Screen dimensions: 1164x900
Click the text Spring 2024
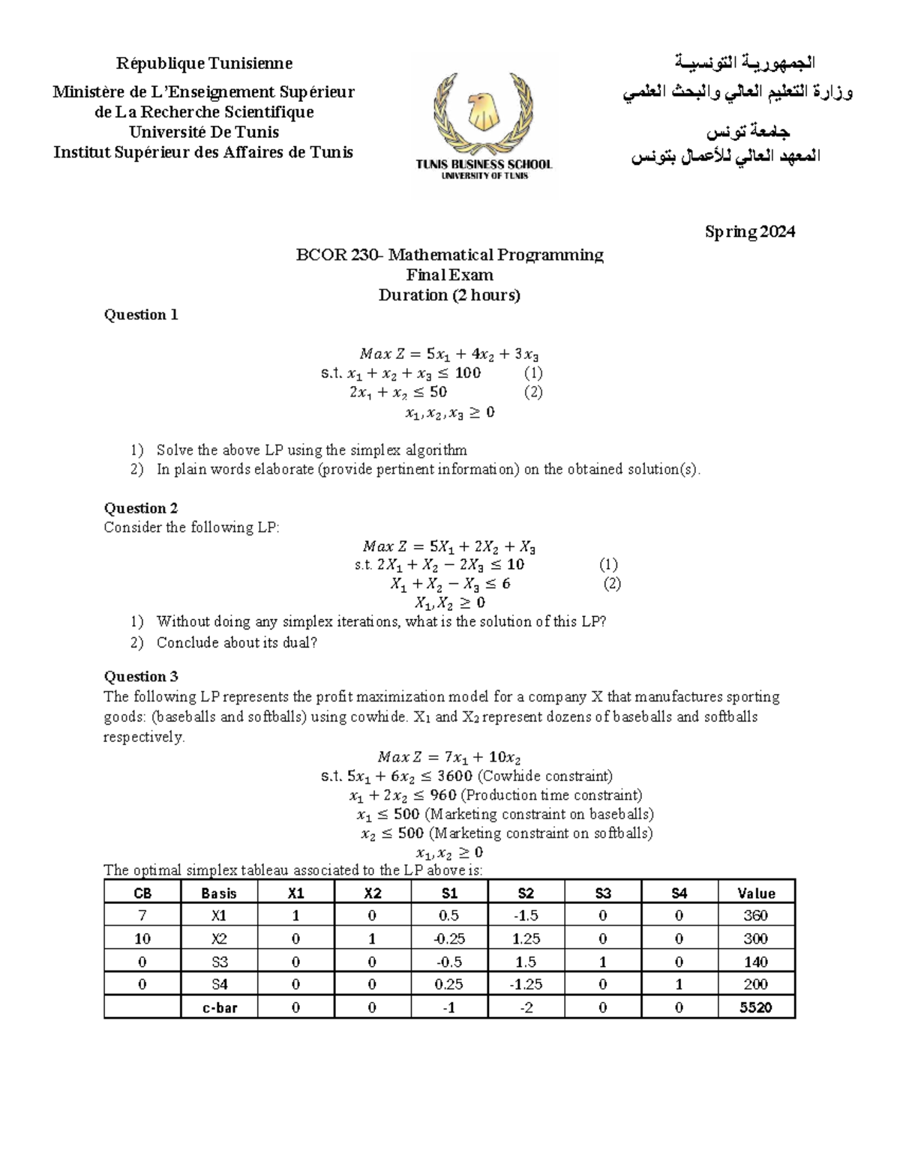[x=749, y=232]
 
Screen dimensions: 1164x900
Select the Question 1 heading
[x=141, y=315]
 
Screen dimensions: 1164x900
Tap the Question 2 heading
[x=141, y=508]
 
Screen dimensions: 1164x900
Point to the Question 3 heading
[x=141, y=677]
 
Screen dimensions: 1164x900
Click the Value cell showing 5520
[x=755, y=1007]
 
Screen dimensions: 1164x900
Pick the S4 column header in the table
[x=679, y=893]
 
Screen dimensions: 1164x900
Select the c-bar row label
[x=219, y=1007]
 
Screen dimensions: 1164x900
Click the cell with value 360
[x=755, y=915]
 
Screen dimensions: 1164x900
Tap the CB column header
[x=142, y=893]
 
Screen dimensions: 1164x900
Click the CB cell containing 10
[x=142, y=938]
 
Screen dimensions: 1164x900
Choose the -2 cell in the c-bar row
[x=526, y=1007]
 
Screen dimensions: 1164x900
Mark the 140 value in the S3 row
[x=755, y=962]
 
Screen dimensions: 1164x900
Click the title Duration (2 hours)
[x=449, y=295]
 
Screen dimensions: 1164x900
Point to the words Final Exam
[x=449, y=275]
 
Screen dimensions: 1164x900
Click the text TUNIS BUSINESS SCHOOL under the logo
[x=484, y=164]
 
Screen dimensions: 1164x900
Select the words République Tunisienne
[x=203, y=63]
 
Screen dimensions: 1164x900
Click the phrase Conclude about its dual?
[x=237, y=642]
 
